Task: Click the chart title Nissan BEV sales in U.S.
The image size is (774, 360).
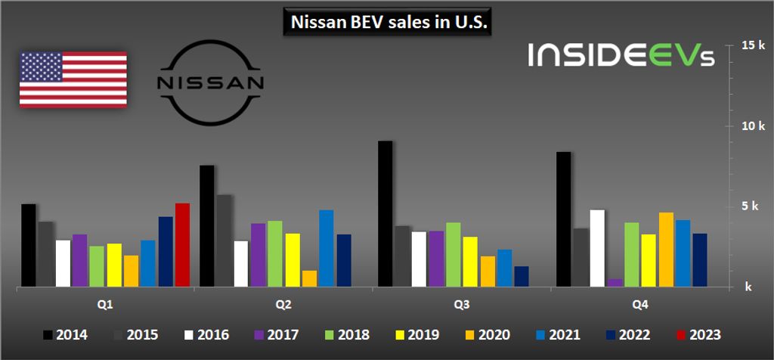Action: click(388, 23)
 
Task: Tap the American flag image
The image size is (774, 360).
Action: click(73, 79)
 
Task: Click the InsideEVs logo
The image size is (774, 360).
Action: click(621, 55)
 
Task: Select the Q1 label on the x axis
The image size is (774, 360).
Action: click(105, 305)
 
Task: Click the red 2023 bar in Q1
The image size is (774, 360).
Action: click(182, 245)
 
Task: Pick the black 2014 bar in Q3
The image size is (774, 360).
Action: click(385, 214)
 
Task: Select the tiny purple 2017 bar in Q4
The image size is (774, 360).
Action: click(615, 283)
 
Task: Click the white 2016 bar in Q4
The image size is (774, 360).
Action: click(597, 248)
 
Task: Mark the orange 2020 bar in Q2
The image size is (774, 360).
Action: click(309, 279)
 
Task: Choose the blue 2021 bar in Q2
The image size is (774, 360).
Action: click(326, 248)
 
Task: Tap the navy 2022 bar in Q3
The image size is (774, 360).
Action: click(522, 276)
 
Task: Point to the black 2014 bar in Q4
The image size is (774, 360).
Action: click(563, 219)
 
